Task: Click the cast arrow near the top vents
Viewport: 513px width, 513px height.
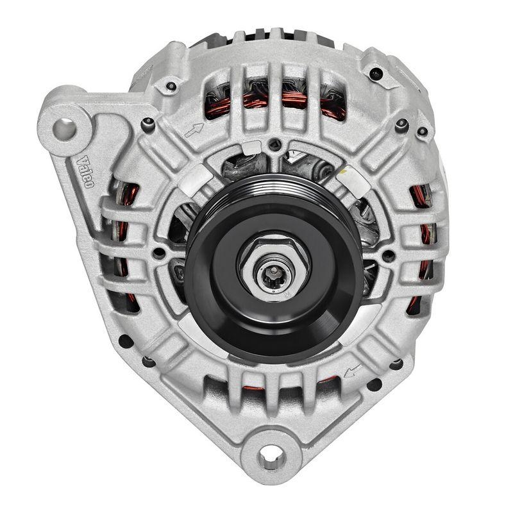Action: click(194, 130)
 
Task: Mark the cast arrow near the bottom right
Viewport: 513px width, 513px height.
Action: click(352, 371)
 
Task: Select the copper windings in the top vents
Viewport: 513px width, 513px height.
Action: click(276, 101)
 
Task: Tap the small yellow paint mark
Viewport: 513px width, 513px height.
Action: click(344, 172)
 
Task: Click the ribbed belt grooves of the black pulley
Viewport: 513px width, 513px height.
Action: click(269, 192)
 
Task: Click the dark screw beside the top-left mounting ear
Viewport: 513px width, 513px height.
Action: click(148, 122)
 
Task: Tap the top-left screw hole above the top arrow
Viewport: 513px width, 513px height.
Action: click(171, 86)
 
